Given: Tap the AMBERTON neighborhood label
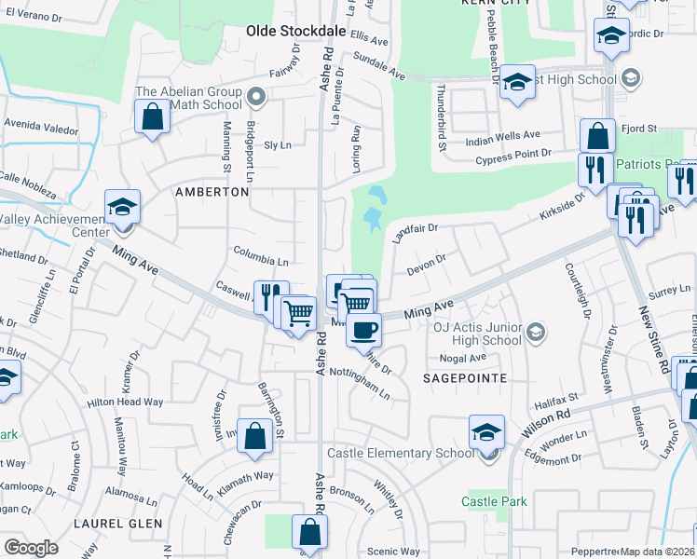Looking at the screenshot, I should click(x=212, y=191).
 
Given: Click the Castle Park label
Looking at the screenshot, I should click(x=494, y=501).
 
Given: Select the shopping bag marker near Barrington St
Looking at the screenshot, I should click(x=254, y=436).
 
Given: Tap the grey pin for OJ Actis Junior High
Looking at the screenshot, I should click(x=536, y=331).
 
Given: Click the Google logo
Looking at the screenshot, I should click(x=31, y=548).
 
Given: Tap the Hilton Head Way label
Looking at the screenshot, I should click(x=125, y=402).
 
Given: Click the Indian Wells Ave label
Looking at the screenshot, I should click(x=503, y=135).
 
